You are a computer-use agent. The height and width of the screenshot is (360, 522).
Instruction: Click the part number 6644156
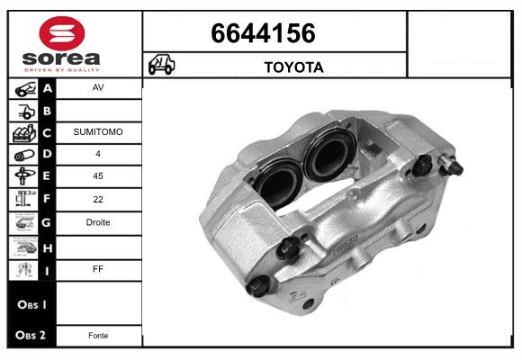click(263, 34)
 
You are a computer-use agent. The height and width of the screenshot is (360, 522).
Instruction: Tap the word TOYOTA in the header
click(293, 67)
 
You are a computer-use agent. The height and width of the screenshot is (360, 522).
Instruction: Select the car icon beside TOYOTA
click(162, 66)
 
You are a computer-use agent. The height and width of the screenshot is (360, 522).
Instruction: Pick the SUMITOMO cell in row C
click(98, 132)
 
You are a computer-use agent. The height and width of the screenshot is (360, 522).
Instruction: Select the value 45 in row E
click(98, 176)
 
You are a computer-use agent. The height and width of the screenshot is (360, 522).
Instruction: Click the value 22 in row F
click(98, 199)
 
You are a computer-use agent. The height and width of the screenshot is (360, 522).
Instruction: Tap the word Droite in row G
click(98, 222)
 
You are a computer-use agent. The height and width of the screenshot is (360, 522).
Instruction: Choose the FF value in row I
click(98, 268)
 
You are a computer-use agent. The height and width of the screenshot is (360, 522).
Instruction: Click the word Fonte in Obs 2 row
click(98, 336)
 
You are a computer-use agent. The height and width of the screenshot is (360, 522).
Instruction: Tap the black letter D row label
click(48, 155)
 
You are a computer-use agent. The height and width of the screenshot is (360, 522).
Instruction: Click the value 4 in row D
click(98, 154)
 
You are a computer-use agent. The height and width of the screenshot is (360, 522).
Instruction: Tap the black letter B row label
click(48, 111)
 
